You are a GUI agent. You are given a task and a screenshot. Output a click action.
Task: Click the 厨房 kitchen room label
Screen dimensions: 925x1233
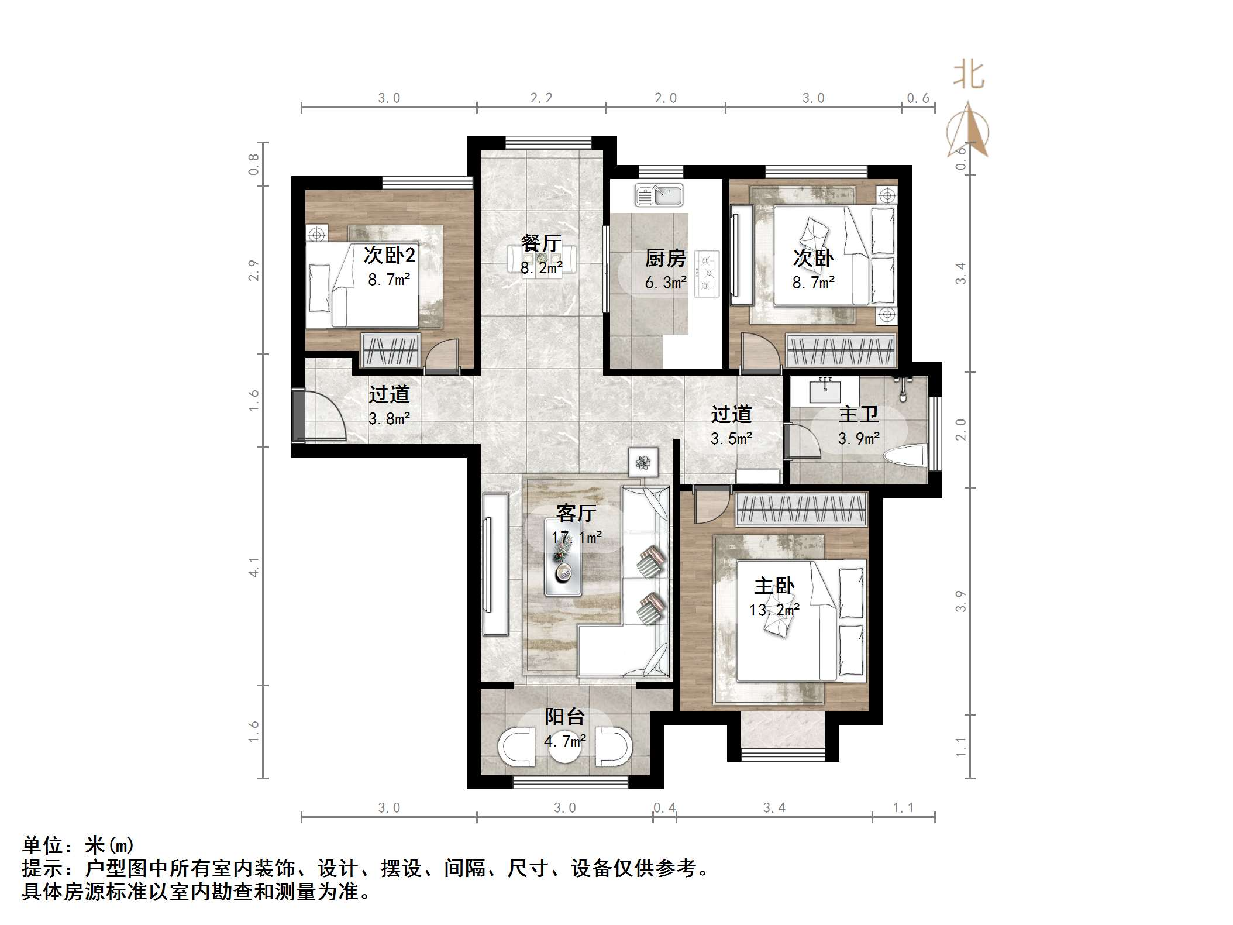tap(665, 257)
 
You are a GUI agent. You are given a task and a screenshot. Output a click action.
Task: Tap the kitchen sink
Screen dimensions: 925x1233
tap(659, 195)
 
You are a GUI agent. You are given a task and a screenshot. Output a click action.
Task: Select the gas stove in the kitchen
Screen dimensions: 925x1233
tap(706, 273)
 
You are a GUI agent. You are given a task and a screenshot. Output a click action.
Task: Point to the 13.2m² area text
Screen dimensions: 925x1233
tap(774, 610)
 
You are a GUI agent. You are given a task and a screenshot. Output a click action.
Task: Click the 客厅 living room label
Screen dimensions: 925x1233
tap(576, 513)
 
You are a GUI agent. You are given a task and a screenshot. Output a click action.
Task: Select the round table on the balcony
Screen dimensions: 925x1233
tap(565, 750)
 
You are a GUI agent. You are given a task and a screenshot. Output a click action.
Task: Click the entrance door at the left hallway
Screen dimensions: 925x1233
tap(319, 415)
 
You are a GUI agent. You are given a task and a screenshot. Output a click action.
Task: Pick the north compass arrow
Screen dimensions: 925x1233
tap(969, 130)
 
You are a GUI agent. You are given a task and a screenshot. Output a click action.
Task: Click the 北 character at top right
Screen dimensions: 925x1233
tap(969, 76)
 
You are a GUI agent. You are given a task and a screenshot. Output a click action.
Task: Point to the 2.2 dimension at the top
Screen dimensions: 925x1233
tap(541, 98)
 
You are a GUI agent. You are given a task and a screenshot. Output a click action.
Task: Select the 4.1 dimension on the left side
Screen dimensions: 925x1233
tap(253, 566)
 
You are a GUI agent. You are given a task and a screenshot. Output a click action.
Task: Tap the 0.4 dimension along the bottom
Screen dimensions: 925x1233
tap(664, 808)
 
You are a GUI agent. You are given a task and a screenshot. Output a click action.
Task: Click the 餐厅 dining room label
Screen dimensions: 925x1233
tap(541, 243)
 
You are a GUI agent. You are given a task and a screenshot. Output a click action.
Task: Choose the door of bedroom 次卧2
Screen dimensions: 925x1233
tap(442, 357)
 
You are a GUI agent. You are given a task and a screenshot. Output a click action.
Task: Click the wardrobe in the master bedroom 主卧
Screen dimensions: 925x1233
tap(801, 508)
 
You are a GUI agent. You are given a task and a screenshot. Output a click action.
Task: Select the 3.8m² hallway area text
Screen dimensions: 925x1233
tap(389, 419)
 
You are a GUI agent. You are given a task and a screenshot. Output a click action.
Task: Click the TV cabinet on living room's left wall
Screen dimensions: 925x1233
tap(495, 564)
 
